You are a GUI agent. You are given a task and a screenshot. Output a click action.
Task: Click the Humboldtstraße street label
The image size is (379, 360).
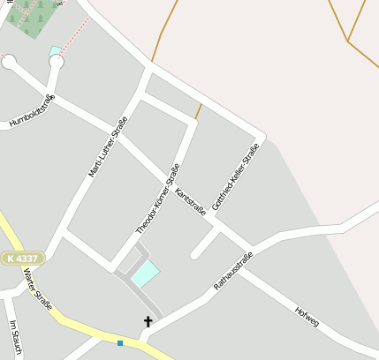(33, 111)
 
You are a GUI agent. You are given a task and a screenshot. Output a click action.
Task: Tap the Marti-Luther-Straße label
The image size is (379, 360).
(108, 146)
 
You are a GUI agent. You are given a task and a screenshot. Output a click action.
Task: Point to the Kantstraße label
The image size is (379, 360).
(191, 201)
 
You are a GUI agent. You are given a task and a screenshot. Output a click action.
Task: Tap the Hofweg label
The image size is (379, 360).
(307, 316)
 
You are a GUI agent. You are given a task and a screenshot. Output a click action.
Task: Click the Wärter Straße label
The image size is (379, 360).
(38, 289)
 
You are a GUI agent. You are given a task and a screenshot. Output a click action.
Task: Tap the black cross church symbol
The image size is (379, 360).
(148, 322)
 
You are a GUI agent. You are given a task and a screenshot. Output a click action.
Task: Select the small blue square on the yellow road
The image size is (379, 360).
(120, 342)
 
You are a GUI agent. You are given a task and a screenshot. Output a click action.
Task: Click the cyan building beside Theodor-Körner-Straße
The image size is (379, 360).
(146, 274)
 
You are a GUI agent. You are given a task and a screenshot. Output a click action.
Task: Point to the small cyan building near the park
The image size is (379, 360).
(55, 51)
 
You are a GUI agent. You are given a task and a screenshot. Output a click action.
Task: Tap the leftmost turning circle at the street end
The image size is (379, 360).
(9, 62)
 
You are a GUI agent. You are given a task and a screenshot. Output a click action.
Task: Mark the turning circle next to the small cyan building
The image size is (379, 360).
(57, 62)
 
